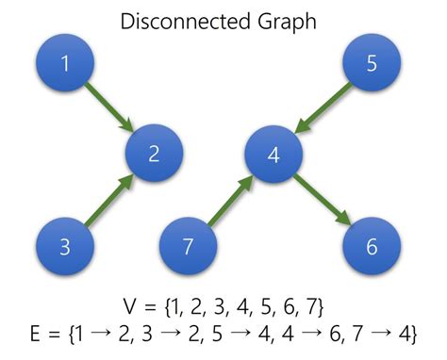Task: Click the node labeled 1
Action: [x=64, y=64]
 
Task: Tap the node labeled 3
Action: [x=64, y=247]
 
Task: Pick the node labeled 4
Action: [x=273, y=154]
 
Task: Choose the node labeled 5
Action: [x=371, y=64]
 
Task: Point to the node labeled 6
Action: [x=371, y=247]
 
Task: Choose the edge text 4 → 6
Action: [x=300, y=334]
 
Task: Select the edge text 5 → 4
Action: [x=229, y=334]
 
